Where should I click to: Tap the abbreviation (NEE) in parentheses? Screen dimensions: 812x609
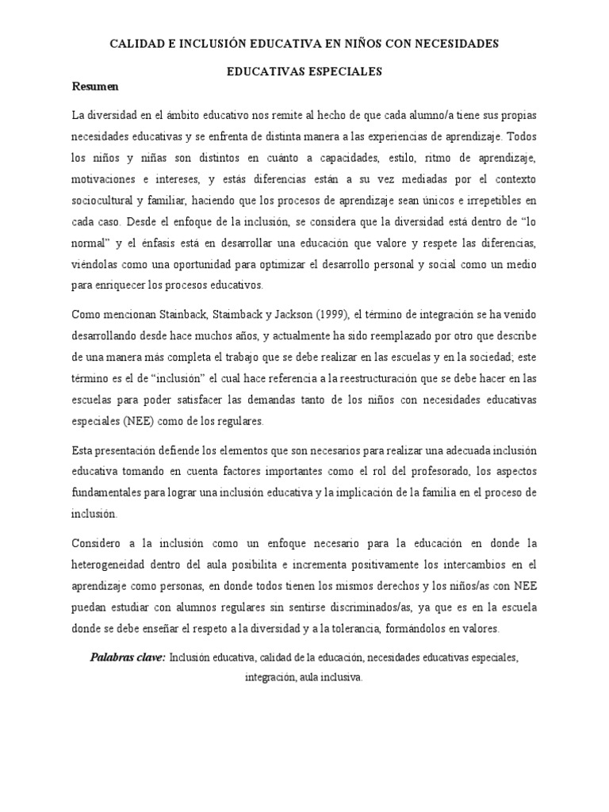tap(138, 420)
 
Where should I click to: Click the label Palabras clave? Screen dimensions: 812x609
tap(128, 658)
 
